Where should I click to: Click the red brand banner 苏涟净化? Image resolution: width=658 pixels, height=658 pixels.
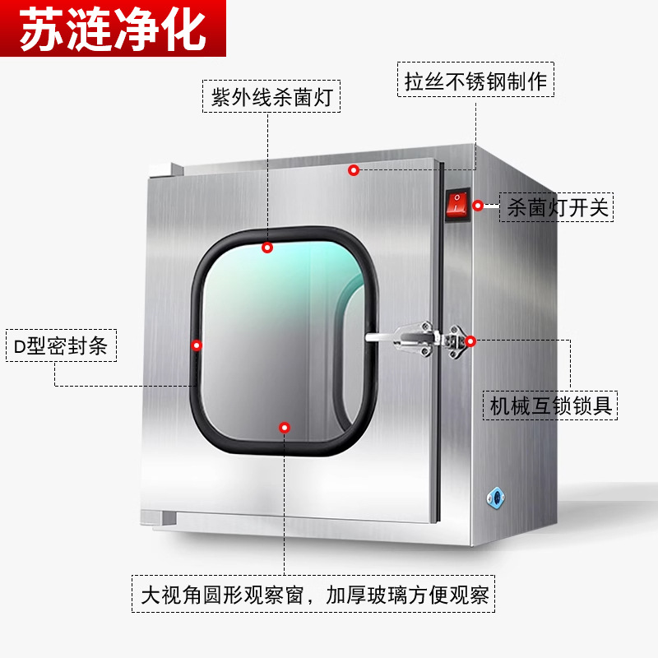tap(113, 30)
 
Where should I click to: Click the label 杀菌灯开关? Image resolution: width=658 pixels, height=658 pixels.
tap(558, 207)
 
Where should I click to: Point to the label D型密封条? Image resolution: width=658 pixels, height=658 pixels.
tap(61, 346)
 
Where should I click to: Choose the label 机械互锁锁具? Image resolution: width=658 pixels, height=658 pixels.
tap(551, 405)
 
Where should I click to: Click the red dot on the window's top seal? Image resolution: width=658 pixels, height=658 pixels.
tap(267, 247)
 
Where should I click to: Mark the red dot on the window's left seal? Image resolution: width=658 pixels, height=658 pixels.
tap(197, 345)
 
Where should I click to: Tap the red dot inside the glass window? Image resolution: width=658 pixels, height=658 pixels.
tap(285, 427)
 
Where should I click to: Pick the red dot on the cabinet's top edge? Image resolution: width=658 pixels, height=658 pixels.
tap(353, 170)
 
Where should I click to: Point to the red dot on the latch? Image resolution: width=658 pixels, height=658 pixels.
tap(470, 341)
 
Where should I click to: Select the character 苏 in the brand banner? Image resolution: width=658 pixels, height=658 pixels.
tap(40, 30)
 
